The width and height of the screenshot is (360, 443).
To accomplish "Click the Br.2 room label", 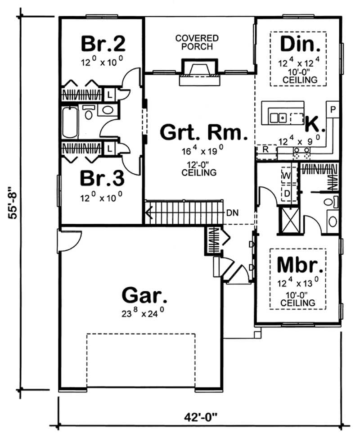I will point(103,44).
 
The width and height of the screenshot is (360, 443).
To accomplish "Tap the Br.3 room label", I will point(102,178).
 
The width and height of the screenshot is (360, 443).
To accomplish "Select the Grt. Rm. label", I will point(204,133).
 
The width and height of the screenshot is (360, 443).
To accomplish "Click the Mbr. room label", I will point(300,265).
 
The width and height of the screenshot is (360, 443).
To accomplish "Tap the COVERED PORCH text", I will point(197,42).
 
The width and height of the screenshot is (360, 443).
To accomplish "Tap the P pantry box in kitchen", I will point(333,109).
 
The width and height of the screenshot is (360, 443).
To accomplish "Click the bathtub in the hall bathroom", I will point(70,122).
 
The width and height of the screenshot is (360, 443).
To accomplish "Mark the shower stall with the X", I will point(289,220).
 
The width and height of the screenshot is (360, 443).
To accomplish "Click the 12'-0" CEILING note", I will point(204,168).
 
